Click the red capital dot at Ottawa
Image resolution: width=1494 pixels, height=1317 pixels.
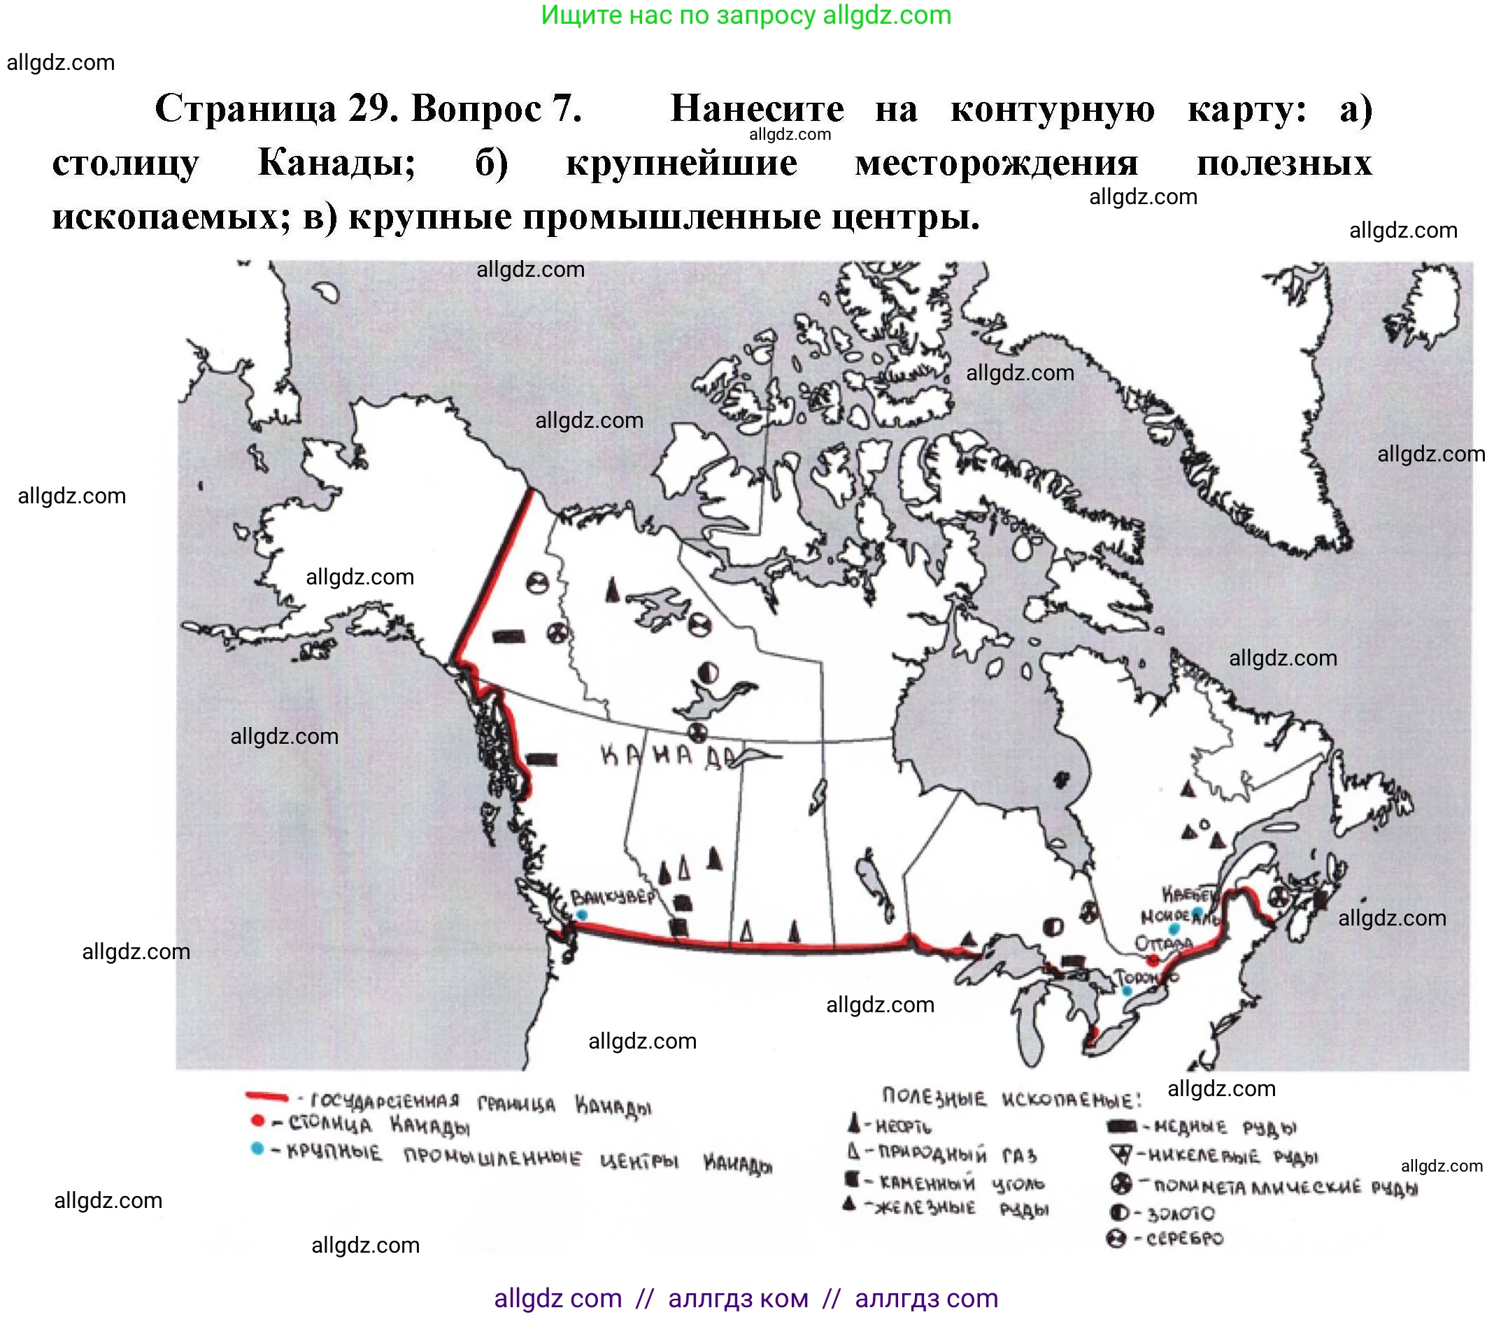(1153, 960)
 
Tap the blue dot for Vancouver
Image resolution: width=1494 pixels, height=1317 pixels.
(582, 914)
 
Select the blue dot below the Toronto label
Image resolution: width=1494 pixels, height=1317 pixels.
(1127, 991)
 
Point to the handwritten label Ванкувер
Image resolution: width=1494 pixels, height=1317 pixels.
(613, 897)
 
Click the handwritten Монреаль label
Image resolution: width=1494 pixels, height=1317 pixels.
(1179, 916)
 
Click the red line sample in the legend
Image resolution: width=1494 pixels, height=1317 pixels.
(266, 1095)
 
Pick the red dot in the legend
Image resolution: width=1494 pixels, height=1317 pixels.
(257, 1121)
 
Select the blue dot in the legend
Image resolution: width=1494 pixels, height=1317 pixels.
(257, 1149)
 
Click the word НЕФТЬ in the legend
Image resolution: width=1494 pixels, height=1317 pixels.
(904, 1126)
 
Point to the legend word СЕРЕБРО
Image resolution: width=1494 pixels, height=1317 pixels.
(1184, 1239)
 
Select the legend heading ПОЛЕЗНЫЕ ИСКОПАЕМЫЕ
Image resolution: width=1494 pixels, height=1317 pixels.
(1011, 1098)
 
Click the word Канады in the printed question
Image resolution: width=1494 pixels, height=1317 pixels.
(336, 162)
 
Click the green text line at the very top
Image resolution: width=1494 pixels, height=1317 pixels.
(746, 15)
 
